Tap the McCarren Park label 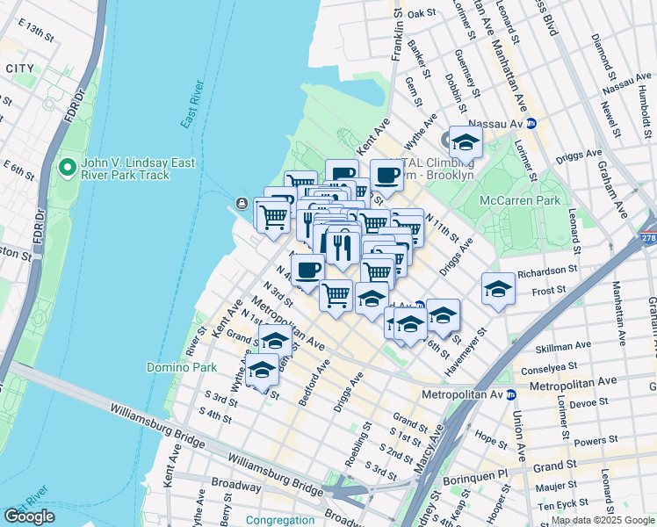point(519,200)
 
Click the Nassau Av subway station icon point(531,124)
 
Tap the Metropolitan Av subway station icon point(510,394)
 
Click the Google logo point(29,516)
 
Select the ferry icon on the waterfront point(242,205)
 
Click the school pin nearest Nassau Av point(466,141)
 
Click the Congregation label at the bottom point(280,520)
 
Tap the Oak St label point(422,13)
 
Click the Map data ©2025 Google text point(602,520)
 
